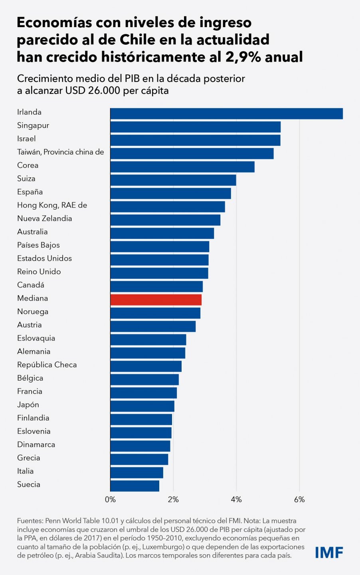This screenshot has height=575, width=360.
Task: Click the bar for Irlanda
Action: (x=226, y=113)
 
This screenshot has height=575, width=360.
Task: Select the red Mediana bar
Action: (x=156, y=299)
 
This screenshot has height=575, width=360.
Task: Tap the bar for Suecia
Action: (x=135, y=486)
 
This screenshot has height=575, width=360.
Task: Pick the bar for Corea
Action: (x=182, y=167)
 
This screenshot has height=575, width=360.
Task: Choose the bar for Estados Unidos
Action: (x=159, y=260)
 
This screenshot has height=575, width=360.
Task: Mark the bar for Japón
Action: (x=142, y=406)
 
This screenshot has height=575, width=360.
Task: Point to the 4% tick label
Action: (x=236, y=500)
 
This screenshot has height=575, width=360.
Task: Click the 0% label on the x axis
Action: (x=110, y=500)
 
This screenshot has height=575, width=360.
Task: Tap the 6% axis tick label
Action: (x=299, y=500)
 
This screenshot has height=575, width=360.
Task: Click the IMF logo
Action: (x=329, y=553)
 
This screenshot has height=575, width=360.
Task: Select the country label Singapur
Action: (x=33, y=125)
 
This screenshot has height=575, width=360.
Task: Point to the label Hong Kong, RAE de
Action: (x=52, y=205)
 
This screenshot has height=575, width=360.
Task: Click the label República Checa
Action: (x=47, y=365)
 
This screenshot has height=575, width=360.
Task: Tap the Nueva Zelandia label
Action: (x=44, y=218)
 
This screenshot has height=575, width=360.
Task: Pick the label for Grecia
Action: (x=28, y=458)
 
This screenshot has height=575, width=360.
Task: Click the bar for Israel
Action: (x=195, y=140)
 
